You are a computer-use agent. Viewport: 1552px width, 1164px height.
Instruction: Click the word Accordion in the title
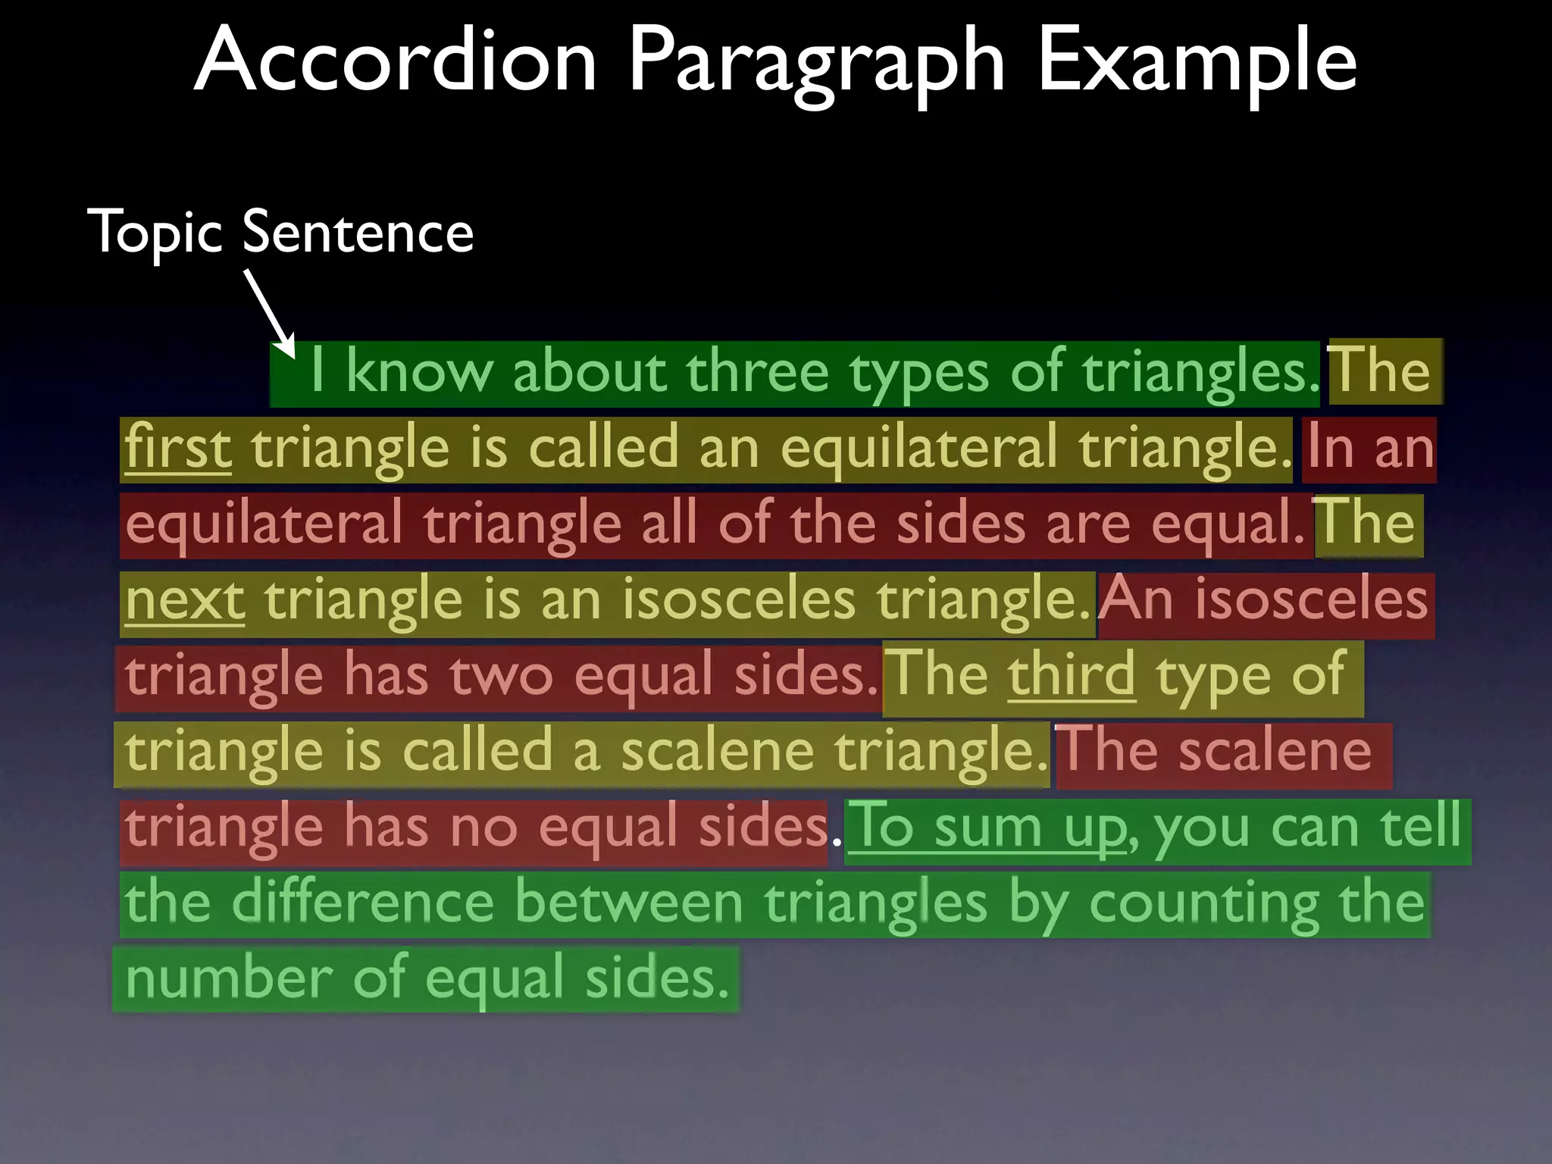click(x=396, y=61)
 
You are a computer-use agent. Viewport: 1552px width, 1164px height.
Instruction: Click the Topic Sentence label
click(x=280, y=232)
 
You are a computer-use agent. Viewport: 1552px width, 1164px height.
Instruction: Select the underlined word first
click(x=178, y=448)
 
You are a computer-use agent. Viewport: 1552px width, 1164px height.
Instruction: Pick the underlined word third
click(x=1071, y=674)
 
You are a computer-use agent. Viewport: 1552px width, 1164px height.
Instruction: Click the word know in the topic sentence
click(x=419, y=372)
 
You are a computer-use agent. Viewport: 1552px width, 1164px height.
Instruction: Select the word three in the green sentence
click(x=757, y=372)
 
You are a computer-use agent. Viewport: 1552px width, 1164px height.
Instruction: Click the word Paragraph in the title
click(x=816, y=61)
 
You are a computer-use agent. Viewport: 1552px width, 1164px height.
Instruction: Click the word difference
click(x=363, y=903)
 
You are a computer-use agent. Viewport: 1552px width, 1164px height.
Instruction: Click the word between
click(x=628, y=903)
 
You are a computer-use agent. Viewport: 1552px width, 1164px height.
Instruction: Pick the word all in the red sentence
click(x=669, y=524)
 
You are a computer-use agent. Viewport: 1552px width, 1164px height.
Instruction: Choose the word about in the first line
click(x=590, y=372)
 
